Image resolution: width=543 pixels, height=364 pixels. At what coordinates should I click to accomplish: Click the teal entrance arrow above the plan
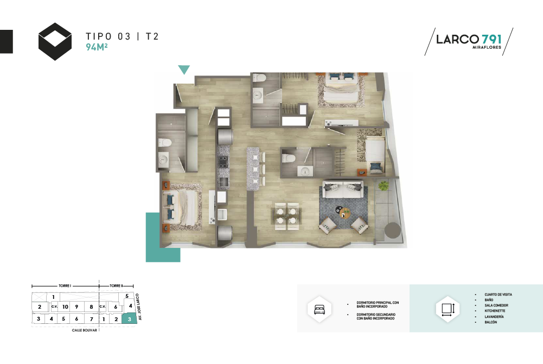click(184, 69)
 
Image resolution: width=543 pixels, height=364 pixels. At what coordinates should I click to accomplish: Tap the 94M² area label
click(97, 47)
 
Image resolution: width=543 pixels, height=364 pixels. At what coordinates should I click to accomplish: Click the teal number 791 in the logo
click(491, 39)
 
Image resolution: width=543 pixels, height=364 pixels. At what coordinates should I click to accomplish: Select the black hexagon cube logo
click(55, 42)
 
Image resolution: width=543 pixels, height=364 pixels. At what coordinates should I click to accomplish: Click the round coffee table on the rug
click(346, 213)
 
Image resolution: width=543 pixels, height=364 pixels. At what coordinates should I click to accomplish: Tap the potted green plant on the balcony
click(384, 186)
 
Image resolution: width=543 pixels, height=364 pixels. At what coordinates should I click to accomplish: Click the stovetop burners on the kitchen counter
click(222, 162)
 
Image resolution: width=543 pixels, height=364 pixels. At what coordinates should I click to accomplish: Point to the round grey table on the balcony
click(392, 230)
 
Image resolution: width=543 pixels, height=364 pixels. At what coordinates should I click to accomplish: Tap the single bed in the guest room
click(375, 155)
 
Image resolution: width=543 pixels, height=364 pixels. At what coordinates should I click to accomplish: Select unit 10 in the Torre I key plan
click(65, 306)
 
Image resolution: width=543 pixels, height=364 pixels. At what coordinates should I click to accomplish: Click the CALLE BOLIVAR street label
click(85, 330)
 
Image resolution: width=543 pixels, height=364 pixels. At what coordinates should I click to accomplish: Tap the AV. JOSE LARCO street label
click(139, 307)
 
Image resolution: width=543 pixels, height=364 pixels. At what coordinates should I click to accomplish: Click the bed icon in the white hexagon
click(320, 310)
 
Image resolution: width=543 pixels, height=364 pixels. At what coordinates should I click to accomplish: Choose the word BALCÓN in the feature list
click(491, 322)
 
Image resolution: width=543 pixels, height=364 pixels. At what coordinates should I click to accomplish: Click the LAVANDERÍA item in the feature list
click(494, 317)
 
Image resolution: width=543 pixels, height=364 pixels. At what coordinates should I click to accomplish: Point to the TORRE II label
click(116, 286)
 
